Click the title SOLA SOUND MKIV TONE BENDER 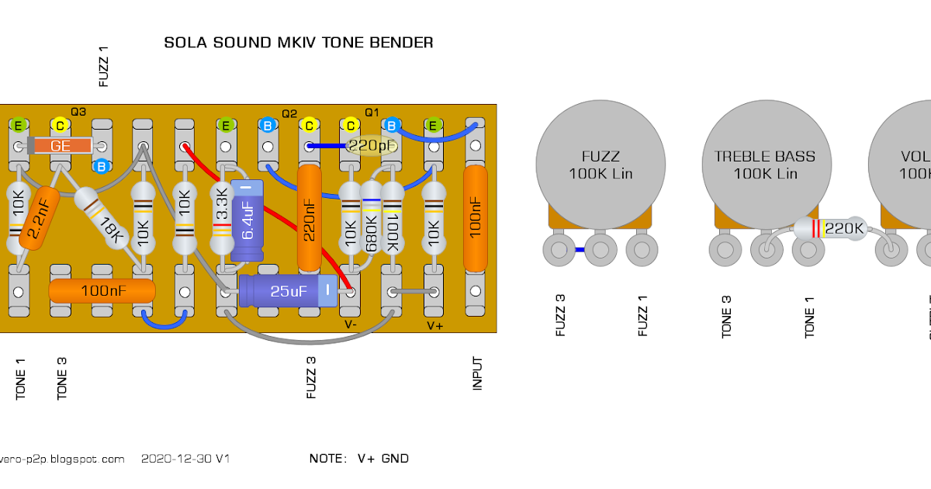click(299, 43)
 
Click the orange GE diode click(59, 146)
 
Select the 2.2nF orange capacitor click(36, 219)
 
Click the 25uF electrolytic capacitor click(288, 291)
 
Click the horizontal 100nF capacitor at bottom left click(102, 291)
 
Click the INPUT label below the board click(478, 373)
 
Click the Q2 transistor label click(289, 113)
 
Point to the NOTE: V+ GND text click(358, 459)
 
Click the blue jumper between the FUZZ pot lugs click(579, 250)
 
